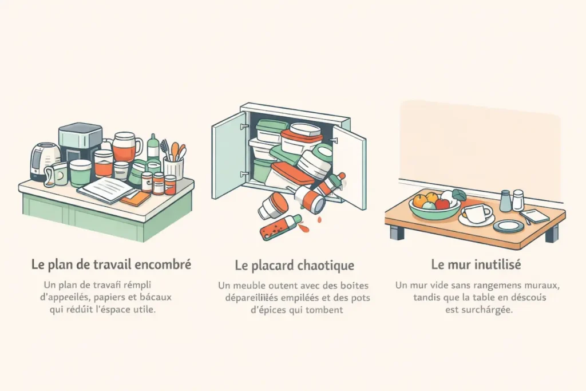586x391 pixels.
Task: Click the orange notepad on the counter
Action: (x=136, y=198)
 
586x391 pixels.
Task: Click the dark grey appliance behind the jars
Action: (x=80, y=142)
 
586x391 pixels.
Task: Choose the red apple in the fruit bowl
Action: (x=442, y=204)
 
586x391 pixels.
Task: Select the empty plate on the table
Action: (x=508, y=226)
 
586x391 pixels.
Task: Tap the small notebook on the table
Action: (x=533, y=215)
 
